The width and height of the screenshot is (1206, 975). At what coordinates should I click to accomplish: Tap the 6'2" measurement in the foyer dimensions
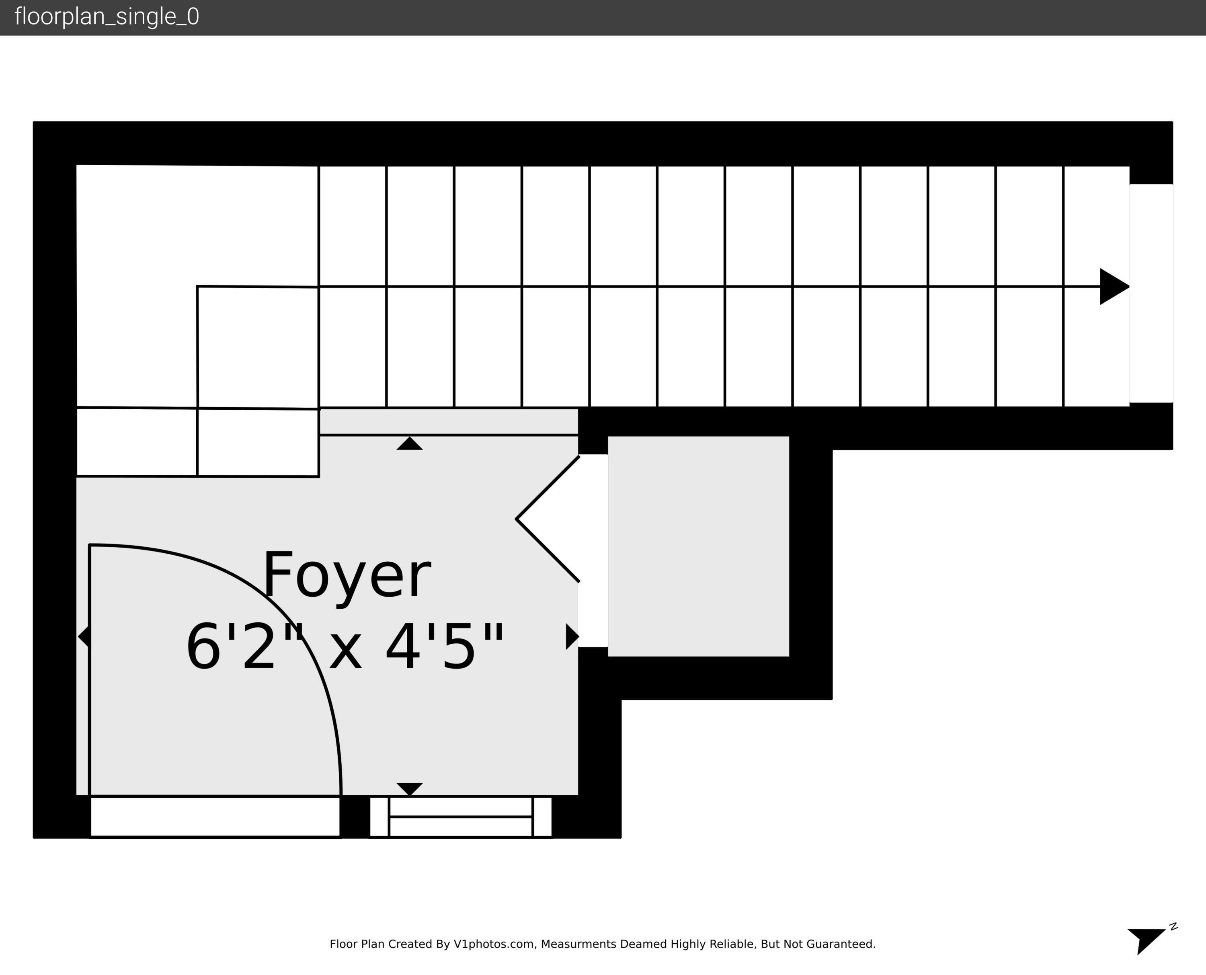245,647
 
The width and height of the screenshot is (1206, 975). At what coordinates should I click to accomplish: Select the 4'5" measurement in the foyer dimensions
445,647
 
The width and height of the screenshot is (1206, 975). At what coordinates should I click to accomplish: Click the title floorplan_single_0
107,17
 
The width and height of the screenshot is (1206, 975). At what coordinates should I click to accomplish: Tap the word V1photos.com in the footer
494,944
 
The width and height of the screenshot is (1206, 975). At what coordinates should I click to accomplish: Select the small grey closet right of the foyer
698,546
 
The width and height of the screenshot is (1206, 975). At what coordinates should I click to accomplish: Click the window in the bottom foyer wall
460,817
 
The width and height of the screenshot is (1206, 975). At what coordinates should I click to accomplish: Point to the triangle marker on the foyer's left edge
84,636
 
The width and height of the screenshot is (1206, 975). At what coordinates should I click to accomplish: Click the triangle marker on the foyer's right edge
572,636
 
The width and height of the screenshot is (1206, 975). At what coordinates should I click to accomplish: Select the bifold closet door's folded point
517,519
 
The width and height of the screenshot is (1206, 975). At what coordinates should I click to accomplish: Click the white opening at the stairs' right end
1151,293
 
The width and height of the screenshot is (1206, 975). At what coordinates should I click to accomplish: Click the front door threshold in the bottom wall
215,817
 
